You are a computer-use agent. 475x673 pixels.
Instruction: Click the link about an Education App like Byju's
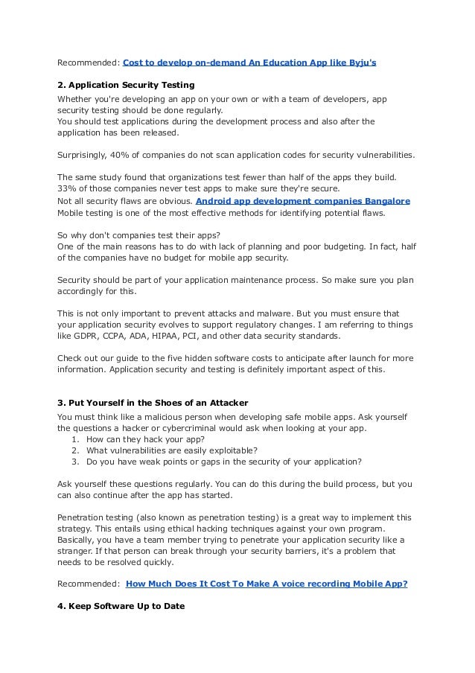pyautogui.click(x=249, y=63)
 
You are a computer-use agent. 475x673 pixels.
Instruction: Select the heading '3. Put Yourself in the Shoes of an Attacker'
pyautogui.click(x=153, y=404)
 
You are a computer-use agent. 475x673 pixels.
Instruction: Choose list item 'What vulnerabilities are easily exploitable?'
pyautogui.click(x=172, y=450)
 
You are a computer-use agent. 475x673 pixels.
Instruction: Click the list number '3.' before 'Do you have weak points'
pyautogui.click(x=76, y=462)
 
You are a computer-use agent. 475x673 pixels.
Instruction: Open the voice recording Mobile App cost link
pyautogui.click(x=267, y=584)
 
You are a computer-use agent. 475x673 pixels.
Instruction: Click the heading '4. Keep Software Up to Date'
pyautogui.click(x=121, y=606)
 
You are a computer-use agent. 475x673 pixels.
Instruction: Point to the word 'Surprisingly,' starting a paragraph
pyautogui.click(x=83, y=156)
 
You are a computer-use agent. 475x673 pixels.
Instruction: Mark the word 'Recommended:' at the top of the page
pyautogui.click(x=88, y=63)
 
